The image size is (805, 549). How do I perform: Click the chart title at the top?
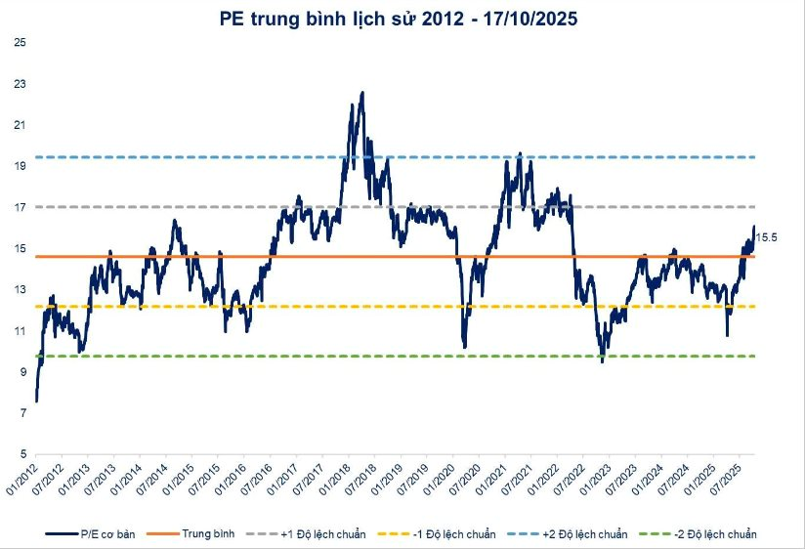(x=402, y=18)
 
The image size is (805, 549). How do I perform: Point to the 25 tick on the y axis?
(x=20, y=43)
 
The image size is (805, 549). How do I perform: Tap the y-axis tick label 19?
(x=20, y=166)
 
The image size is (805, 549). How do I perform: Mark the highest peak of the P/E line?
(x=362, y=93)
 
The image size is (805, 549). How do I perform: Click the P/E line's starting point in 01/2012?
(x=36, y=401)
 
